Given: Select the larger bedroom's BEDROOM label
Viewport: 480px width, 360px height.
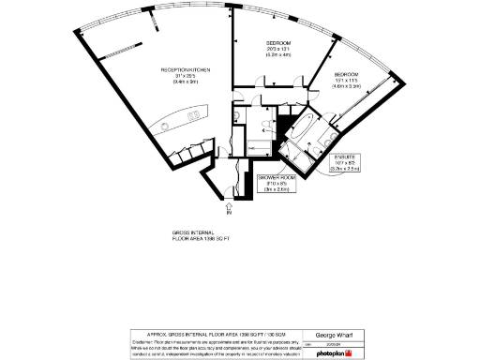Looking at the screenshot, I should coord(278,44).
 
